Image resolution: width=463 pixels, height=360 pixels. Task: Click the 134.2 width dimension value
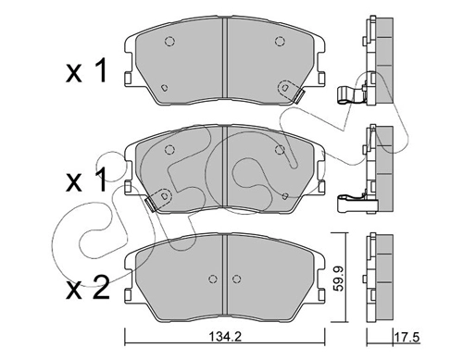225,337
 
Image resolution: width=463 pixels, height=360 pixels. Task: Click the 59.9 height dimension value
339,279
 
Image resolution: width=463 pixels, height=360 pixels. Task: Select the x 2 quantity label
88,288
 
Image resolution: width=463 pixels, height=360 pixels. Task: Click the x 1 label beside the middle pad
86,180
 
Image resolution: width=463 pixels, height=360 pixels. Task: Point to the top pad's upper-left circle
169,41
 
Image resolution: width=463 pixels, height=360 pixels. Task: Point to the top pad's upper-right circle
280,41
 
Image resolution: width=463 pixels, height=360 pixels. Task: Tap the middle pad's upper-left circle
169,150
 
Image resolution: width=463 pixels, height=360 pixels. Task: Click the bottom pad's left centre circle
212,279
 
